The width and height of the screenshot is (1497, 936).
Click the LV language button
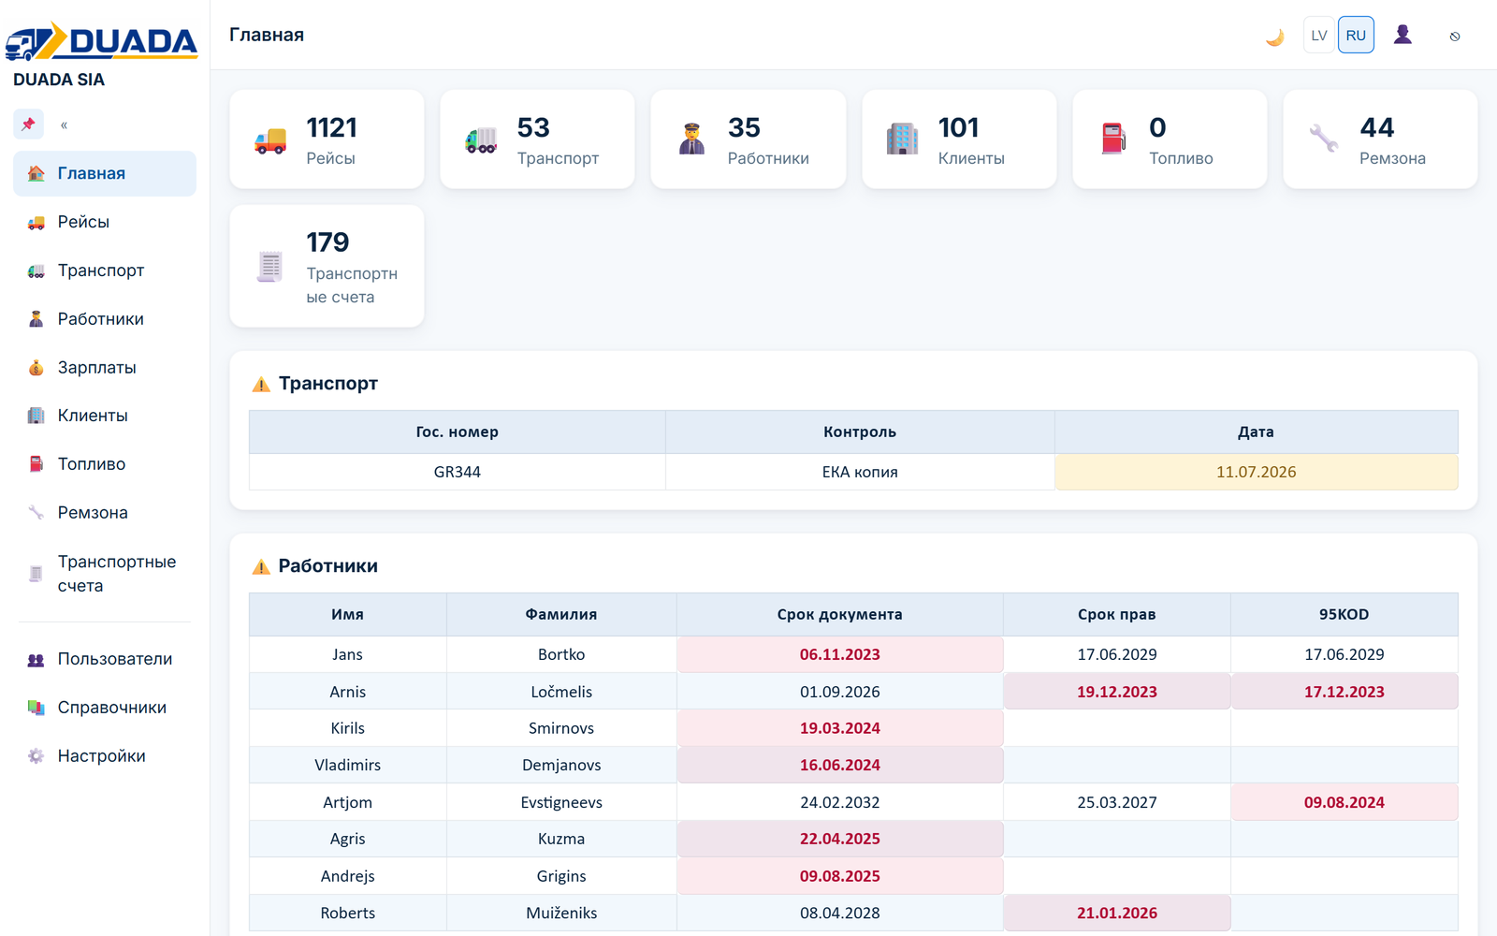tap(1318, 35)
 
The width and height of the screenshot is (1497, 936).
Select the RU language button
tap(1356, 35)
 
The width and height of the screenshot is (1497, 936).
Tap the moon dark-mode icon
tap(1275, 37)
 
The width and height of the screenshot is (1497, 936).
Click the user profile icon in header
tap(1403, 35)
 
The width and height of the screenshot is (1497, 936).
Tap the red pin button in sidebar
tap(28, 124)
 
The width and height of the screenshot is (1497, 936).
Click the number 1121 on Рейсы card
tap(331, 127)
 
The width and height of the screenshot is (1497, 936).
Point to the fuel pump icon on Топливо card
tap(1113, 139)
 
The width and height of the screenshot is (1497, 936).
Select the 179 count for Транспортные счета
tap(327, 242)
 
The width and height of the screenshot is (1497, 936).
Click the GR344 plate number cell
tap(458, 472)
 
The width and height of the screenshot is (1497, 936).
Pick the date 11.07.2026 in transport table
tap(1256, 472)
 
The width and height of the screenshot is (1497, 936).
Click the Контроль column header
tap(860, 431)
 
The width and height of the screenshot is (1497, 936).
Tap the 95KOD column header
tap(1344, 614)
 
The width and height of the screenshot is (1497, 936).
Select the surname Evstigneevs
tap(561, 802)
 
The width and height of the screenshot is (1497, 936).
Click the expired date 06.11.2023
tap(840, 654)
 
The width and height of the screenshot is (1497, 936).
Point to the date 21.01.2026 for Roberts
tap(1117, 914)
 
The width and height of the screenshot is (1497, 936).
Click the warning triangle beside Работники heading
tap(261, 567)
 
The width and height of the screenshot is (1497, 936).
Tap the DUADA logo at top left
tap(102, 40)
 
